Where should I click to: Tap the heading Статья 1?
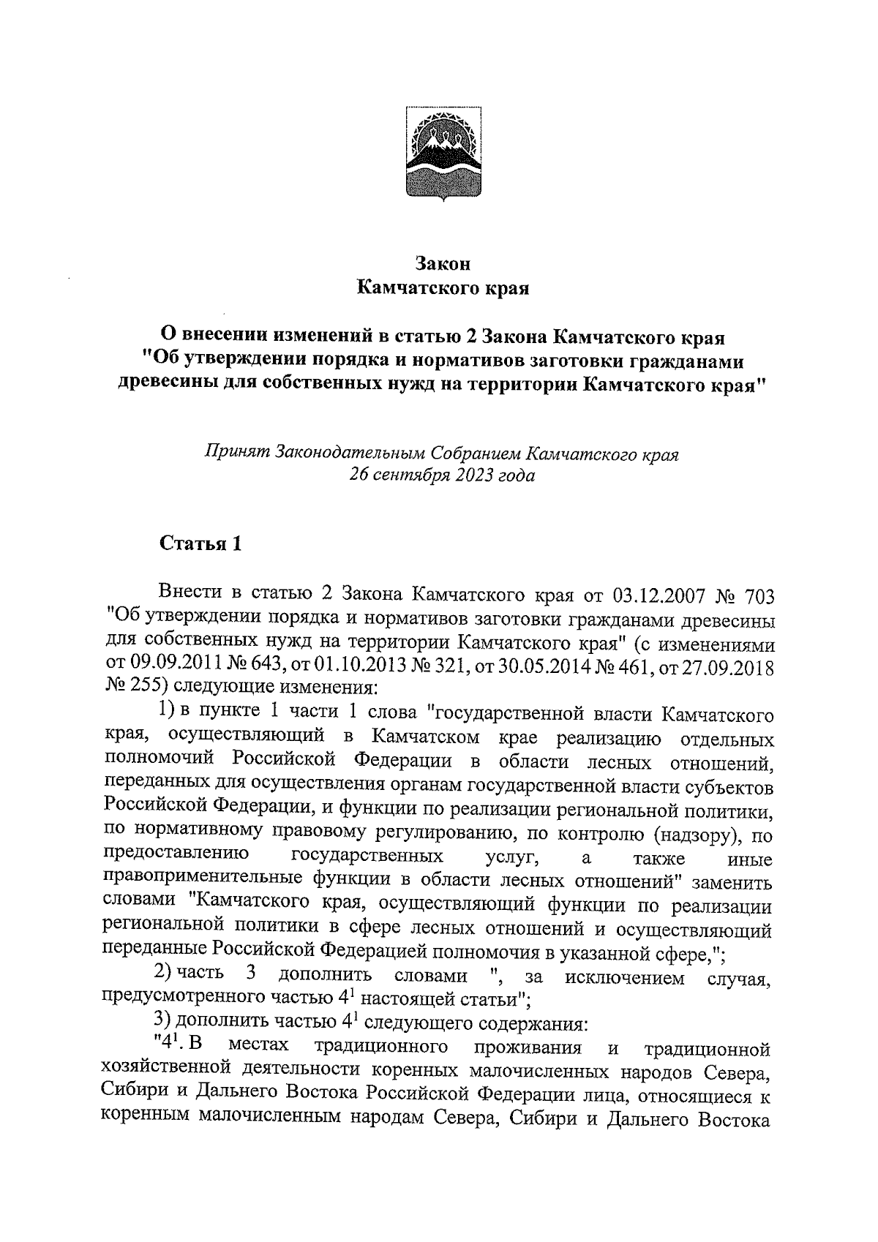[200, 544]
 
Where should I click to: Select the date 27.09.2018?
[727, 667]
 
